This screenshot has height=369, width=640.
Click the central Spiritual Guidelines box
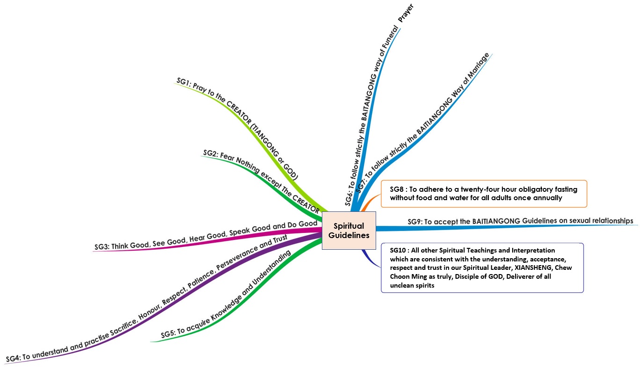pyautogui.click(x=349, y=231)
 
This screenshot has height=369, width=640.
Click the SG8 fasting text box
pyautogui.click(x=483, y=194)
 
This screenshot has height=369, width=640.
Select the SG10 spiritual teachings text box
pyautogui.click(x=482, y=268)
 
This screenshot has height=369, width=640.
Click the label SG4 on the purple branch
pyautogui.click(x=13, y=358)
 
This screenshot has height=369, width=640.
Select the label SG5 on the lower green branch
pyautogui.click(x=167, y=334)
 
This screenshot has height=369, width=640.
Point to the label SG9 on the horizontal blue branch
pyautogui.click(x=415, y=222)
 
